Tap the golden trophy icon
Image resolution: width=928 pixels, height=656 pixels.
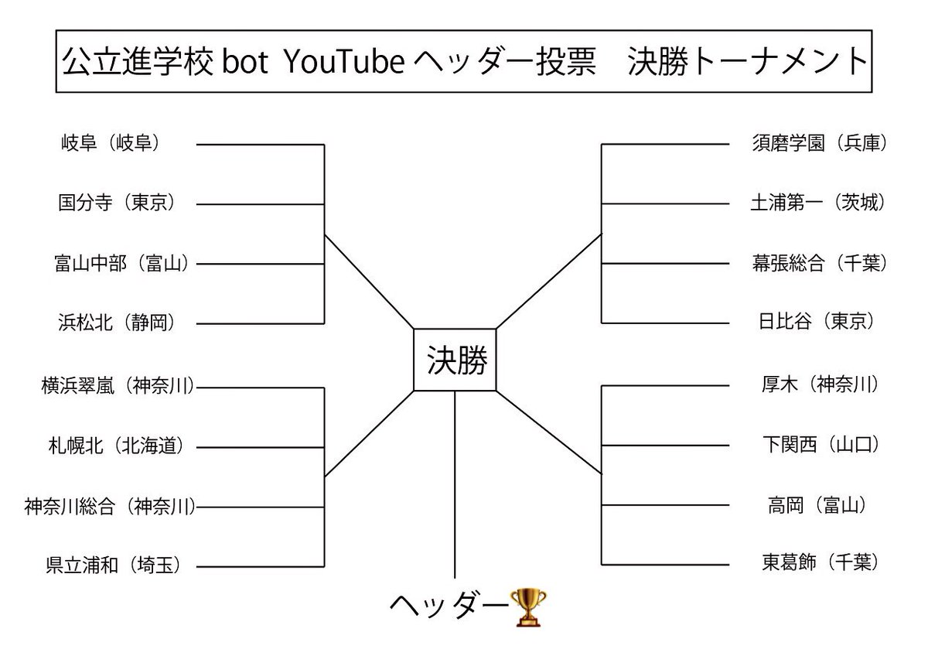(x=529, y=606)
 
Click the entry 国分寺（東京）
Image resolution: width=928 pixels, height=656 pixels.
(x=117, y=203)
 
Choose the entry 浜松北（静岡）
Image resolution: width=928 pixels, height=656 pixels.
(x=117, y=322)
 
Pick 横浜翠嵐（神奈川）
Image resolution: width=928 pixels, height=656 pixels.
(x=117, y=384)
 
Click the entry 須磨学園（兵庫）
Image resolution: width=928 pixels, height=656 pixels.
(x=818, y=144)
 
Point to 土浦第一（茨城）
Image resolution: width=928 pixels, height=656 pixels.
(x=818, y=203)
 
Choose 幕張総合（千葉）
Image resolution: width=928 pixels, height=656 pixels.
(x=818, y=263)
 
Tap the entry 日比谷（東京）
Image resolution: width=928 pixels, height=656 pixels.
(x=817, y=322)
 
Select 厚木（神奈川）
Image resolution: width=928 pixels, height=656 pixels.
(x=819, y=384)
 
